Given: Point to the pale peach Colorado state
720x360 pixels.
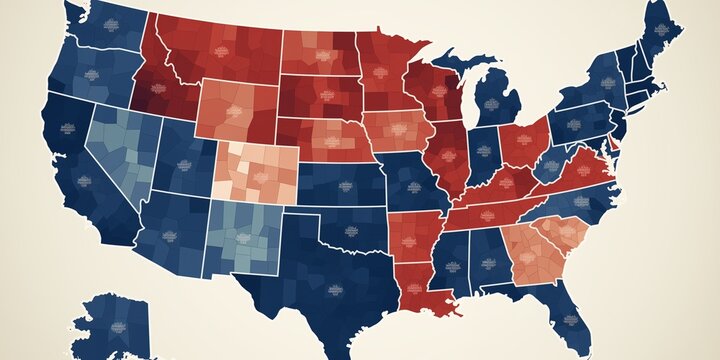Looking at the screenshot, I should [x=255, y=171].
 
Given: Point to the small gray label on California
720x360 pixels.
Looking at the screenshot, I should [x=68, y=128].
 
